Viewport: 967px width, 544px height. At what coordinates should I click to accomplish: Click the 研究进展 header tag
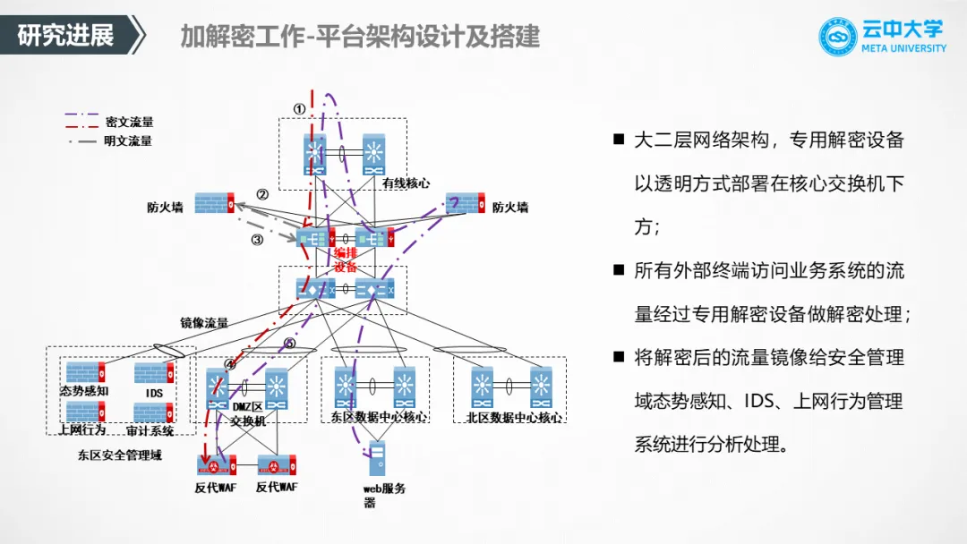pos(66,36)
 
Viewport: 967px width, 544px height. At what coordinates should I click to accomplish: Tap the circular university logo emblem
pos(838,37)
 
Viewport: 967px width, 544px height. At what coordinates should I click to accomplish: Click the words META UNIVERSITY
pos(903,48)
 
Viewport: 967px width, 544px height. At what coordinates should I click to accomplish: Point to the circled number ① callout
pos(299,108)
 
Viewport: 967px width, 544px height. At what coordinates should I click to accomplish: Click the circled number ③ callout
pos(257,239)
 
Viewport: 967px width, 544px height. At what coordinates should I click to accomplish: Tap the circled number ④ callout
pos(230,363)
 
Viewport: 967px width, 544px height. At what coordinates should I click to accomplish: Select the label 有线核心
pos(406,183)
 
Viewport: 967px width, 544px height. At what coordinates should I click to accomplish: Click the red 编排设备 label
pos(346,259)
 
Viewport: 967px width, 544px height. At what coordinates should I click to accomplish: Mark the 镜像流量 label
pos(204,323)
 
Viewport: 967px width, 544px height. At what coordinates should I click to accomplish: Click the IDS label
pos(153,392)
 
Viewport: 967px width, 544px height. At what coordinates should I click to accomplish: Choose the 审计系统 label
pos(150,430)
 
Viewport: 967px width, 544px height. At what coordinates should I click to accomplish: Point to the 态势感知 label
pos(84,392)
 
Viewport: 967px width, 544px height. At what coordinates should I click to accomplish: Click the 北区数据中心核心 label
pos(514,417)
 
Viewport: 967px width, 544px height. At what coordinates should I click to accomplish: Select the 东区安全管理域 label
pos(118,455)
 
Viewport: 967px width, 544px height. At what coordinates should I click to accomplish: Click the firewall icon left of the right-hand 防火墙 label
pos(465,202)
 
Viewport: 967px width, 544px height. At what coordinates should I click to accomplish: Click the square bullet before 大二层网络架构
pos(618,140)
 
